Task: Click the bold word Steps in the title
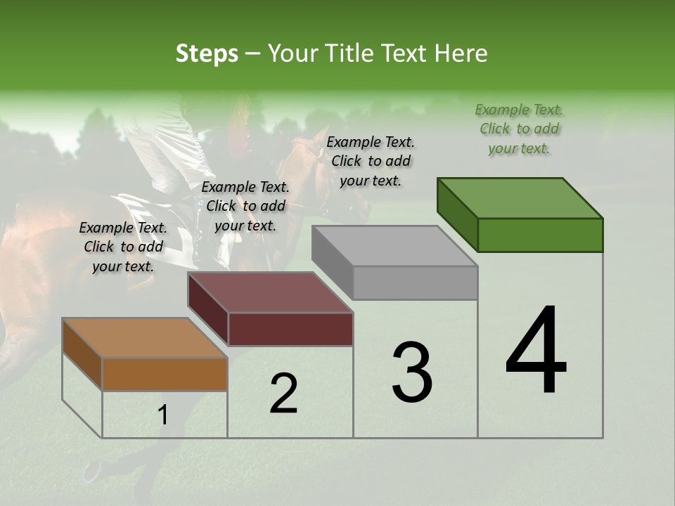click(x=207, y=53)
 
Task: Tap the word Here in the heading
click(x=460, y=53)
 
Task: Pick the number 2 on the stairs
click(x=283, y=394)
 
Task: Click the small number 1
click(x=162, y=415)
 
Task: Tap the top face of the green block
click(x=520, y=198)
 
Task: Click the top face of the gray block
click(x=394, y=246)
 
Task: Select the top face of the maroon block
click(x=270, y=292)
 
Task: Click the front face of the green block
click(x=540, y=235)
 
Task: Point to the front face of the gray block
click(x=415, y=283)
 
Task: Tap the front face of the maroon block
click(x=290, y=329)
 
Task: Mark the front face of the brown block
click(x=165, y=374)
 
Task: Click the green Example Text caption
click(x=519, y=129)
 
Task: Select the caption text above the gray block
click(x=371, y=161)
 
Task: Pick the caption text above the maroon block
click(x=245, y=206)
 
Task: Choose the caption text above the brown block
click(x=123, y=247)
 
